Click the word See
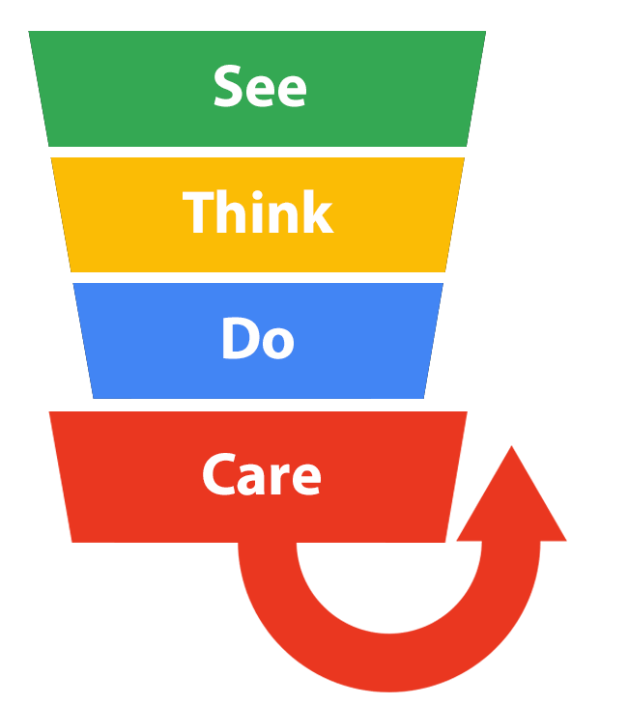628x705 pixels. pyautogui.click(x=260, y=87)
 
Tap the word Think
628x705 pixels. pyautogui.click(x=258, y=212)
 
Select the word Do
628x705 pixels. pyautogui.click(x=257, y=339)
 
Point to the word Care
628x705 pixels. pyautogui.click(x=261, y=474)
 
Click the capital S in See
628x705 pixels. pyautogui.click(x=228, y=87)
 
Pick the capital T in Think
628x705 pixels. pyautogui.click(x=198, y=212)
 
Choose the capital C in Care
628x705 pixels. pyautogui.click(x=218, y=474)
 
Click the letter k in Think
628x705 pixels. pyautogui.click(x=318, y=212)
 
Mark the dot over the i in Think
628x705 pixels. pyautogui.click(x=256, y=193)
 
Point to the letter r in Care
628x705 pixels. pyautogui.click(x=283, y=478)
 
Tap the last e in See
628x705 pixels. pyautogui.click(x=291, y=92)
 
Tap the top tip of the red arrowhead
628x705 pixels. pyautogui.click(x=511, y=446)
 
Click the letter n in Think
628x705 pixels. pyautogui.click(x=284, y=217)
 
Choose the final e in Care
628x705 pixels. pyautogui.click(x=306, y=479)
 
